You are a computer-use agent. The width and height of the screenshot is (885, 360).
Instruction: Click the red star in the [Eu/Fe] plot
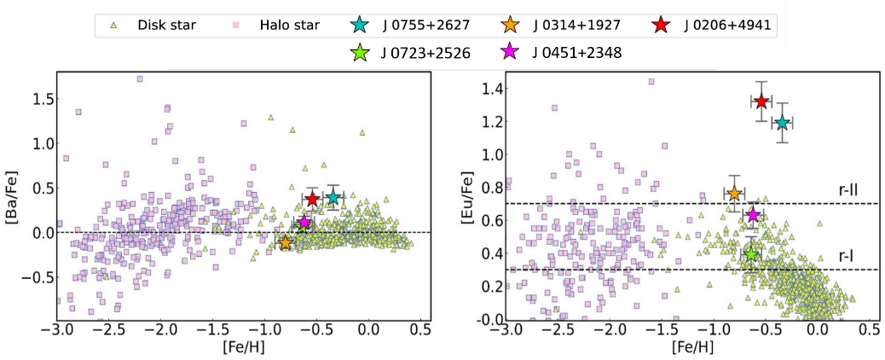761,102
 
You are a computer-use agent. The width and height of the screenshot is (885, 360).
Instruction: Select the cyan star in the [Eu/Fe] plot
782,123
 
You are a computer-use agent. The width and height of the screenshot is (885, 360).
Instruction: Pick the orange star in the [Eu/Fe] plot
734,194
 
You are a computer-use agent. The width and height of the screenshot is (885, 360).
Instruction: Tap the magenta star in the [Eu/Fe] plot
753,214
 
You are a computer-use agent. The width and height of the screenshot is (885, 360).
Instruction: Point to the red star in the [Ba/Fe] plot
313,199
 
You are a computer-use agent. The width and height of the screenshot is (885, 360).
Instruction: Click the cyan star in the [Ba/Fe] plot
333,198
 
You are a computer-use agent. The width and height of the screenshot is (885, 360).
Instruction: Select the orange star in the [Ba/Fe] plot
286,243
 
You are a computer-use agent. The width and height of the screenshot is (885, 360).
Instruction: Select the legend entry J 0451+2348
575,53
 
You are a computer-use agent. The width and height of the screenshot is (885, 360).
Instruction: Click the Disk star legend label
166,25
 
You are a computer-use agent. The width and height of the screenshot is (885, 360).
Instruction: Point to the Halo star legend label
289,25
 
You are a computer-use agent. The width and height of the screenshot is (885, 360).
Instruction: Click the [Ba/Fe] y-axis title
14,196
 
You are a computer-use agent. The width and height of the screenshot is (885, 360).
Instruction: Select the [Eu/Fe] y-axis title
467,196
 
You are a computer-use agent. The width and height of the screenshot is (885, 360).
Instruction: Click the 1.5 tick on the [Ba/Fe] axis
37,99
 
